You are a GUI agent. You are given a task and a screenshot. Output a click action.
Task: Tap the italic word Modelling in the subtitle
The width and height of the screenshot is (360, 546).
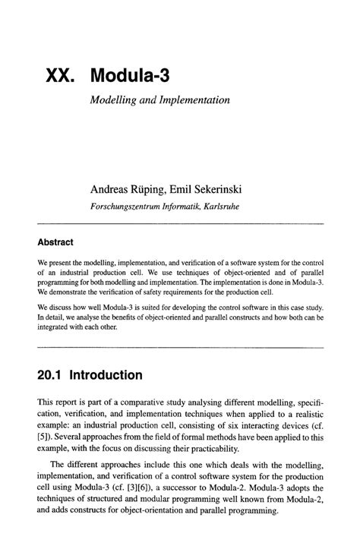(114, 100)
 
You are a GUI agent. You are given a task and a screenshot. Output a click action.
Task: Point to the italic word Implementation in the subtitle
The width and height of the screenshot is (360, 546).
(193, 100)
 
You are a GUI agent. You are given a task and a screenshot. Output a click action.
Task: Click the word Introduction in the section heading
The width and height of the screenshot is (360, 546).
(106, 376)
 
